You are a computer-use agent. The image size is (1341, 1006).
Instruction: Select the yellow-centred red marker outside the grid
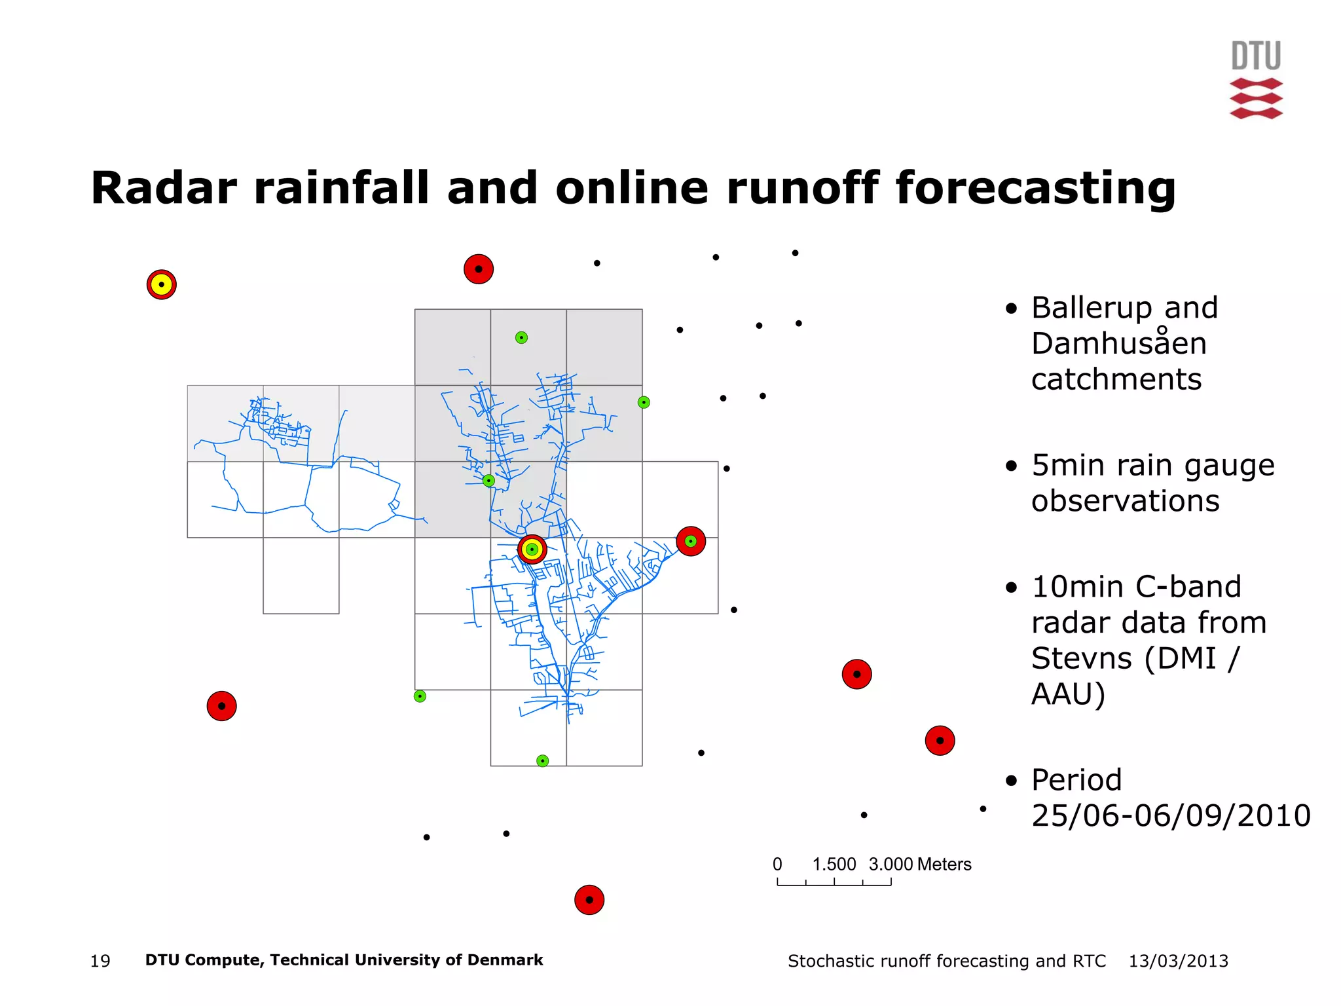pyautogui.click(x=162, y=284)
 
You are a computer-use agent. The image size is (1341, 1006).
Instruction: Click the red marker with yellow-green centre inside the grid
pyautogui.click(x=532, y=549)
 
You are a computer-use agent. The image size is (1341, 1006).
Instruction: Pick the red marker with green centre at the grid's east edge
pyautogui.click(x=691, y=541)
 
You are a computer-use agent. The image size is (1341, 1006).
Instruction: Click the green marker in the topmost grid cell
pyautogui.click(x=521, y=337)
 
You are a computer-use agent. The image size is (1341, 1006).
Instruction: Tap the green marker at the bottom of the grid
pyautogui.click(x=542, y=760)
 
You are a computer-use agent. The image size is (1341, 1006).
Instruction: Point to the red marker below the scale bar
pyautogui.click(x=589, y=900)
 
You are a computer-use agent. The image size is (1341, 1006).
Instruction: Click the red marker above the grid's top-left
pyautogui.click(x=479, y=269)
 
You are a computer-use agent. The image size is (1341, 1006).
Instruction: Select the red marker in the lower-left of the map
pyautogui.click(x=221, y=706)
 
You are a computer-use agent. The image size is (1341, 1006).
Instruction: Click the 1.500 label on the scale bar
pyautogui.click(x=834, y=865)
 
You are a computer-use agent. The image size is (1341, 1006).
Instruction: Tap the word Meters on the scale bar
pyautogui.click(x=944, y=865)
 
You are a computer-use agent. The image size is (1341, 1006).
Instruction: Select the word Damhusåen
pyautogui.click(x=1118, y=344)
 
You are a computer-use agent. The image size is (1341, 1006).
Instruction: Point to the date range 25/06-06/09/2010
pyautogui.click(x=1171, y=815)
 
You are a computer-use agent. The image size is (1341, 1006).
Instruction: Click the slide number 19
pyautogui.click(x=100, y=961)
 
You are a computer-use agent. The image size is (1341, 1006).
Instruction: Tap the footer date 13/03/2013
pyautogui.click(x=1178, y=961)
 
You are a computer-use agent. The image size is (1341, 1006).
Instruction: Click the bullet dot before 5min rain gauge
pyautogui.click(x=1012, y=466)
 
